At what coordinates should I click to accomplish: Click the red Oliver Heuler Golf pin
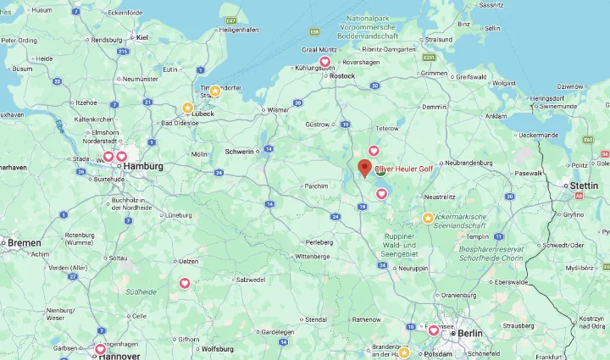(364, 168)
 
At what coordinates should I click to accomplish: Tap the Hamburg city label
(143, 166)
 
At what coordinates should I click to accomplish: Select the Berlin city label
(469, 333)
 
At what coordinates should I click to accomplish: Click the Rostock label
(342, 76)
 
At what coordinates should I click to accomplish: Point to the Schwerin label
(239, 151)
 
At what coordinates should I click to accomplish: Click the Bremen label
(25, 242)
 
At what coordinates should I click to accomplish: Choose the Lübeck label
(203, 113)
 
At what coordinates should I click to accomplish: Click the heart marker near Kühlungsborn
(324, 61)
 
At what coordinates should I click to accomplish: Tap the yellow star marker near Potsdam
(404, 352)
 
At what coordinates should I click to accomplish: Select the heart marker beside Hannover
(100, 349)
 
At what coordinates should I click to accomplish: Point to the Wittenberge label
(312, 256)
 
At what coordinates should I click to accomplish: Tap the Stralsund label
(439, 39)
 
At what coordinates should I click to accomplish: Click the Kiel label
(142, 36)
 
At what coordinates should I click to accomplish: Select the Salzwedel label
(252, 279)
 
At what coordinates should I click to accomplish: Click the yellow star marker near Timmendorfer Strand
(214, 91)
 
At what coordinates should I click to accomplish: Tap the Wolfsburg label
(217, 348)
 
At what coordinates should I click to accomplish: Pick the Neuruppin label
(413, 268)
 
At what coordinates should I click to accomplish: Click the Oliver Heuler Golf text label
(403, 168)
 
